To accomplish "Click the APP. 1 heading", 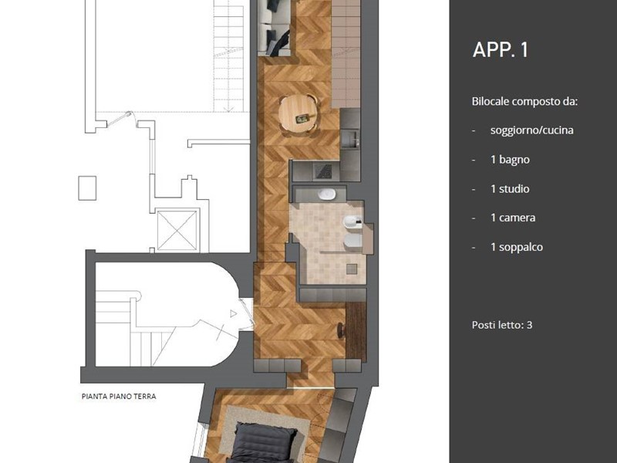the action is (500, 50).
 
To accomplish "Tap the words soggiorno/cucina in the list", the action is (531, 130).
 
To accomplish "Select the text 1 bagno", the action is (510, 160).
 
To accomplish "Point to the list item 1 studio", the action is (510, 189).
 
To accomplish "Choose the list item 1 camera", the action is (513, 218).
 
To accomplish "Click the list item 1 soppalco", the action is (517, 247).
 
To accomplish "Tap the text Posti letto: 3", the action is (502, 325).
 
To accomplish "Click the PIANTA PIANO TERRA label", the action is (119, 397).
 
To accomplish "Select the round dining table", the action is (298, 113).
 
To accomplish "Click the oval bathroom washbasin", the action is (326, 194).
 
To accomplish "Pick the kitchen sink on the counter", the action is (349, 139).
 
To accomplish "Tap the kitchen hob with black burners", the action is (322, 171).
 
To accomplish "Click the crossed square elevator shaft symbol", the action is (177, 231).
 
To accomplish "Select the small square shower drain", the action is (352, 269).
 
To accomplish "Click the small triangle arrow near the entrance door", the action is (234, 314).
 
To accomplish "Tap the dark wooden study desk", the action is (356, 332).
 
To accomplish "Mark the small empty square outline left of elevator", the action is (87, 188).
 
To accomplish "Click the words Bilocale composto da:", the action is (525, 102).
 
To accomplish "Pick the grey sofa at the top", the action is (275, 27).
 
